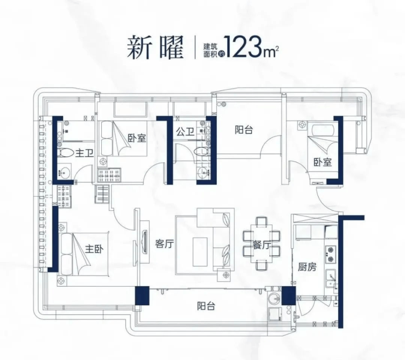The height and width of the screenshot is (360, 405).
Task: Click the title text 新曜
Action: [155, 48]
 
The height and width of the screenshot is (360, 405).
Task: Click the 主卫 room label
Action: [84, 153]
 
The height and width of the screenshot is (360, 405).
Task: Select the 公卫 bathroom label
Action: [185, 132]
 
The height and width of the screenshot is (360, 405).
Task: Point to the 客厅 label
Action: [164, 244]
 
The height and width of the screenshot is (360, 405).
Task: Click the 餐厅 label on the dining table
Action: [262, 244]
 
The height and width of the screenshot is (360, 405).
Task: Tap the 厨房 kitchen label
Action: [307, 267]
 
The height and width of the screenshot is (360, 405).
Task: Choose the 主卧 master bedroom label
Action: [94, 249]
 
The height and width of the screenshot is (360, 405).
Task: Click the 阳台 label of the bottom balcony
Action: [206, 306]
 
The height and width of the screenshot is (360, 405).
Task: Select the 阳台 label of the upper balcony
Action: [244, 129]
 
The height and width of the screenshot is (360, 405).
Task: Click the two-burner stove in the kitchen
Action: [331, 254]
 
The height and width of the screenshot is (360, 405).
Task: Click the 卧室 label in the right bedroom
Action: [323, 162]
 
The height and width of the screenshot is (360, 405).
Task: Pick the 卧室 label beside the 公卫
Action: [137, 138]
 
